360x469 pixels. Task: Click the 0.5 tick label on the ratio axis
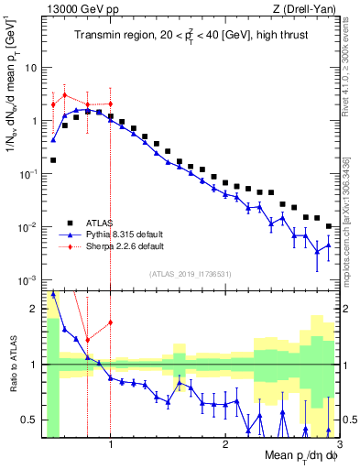tap(27, 420)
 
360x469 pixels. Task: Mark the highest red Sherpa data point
tap(65, 95)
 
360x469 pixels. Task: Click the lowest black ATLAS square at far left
tap(53, 160)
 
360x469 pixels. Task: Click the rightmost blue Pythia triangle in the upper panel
tap(328, 244)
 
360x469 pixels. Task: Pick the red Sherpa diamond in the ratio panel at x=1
tap(110, 322)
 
